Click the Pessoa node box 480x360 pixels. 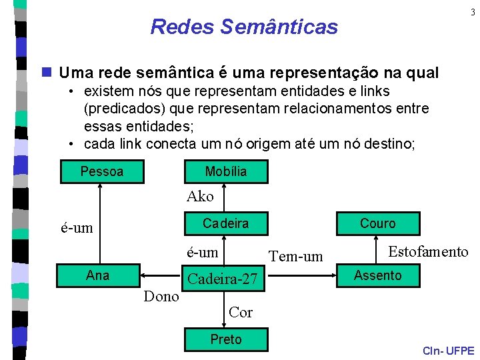click(101, 171)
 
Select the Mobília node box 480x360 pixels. click(225, 171)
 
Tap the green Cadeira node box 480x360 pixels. click(225, 223)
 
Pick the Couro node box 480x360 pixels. click(377, 223)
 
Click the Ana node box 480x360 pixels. click(98, 275)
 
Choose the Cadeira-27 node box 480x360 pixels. click(223, 279)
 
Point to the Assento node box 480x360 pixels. click(377, 275)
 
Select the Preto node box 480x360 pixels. click(225, 339)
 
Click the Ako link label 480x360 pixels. click(200, 197)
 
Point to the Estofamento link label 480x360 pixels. click(428, 251)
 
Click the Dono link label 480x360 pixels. click(161, 297)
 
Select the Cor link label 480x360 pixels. click(240, 312)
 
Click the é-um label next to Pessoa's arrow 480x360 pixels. click(77, 228)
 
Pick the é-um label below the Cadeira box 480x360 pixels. click(202, 252)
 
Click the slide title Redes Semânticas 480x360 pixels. click(244, 27)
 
